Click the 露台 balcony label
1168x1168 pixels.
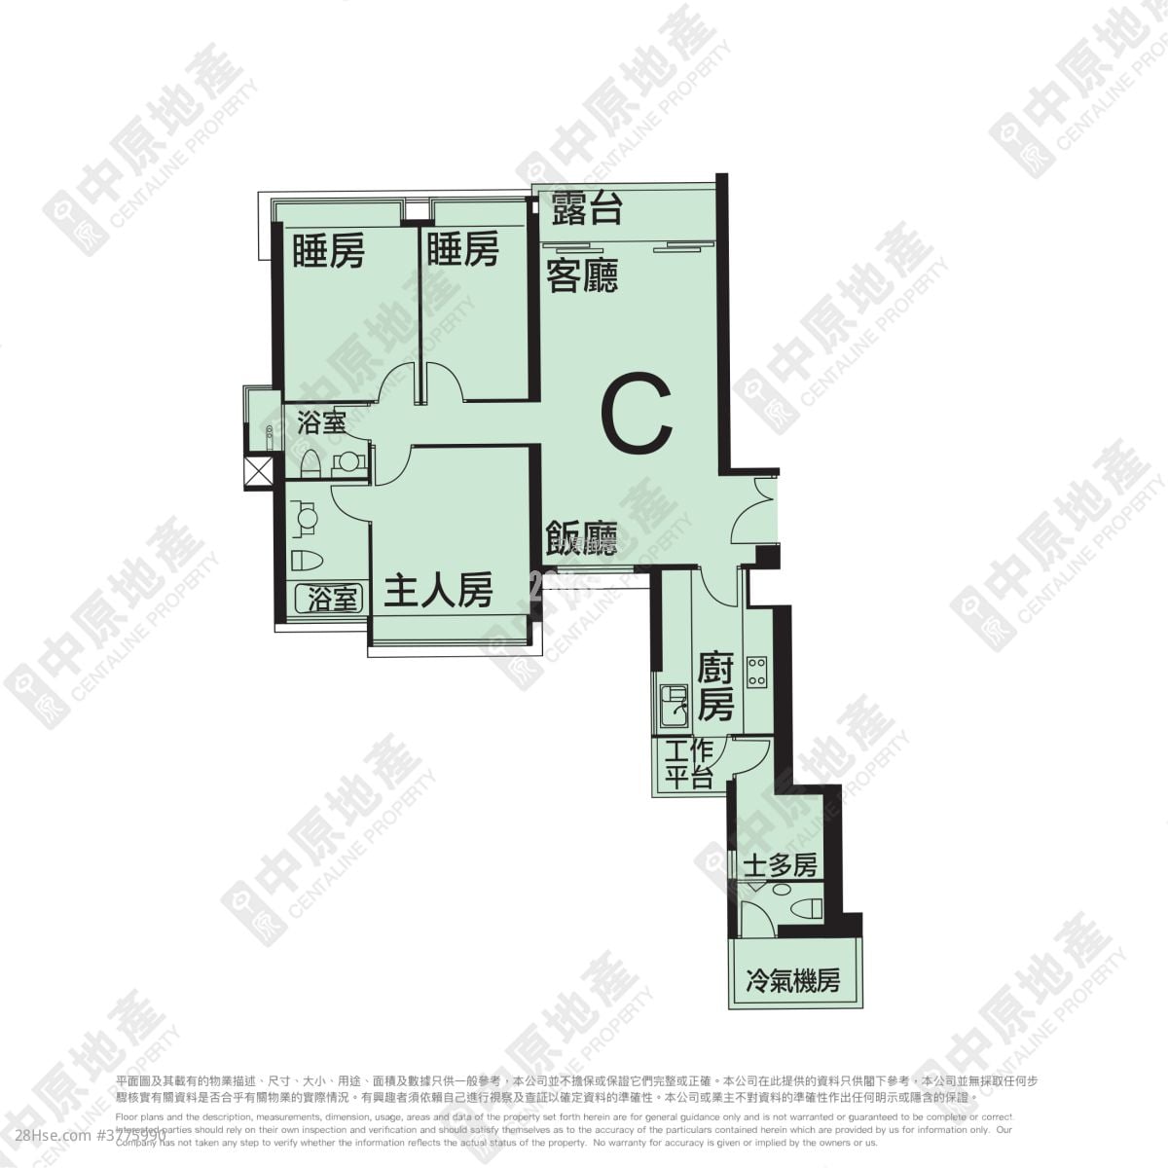tap(586, 208)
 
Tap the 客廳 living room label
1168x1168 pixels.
tap(582, 275)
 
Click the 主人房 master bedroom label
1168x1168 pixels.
tap(438, 591)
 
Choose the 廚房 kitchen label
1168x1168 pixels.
tap(715, 686)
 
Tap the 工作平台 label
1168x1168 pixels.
tap(690, 764)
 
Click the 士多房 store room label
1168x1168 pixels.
tap(779, 865)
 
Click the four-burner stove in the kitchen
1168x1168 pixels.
tap(756, 671)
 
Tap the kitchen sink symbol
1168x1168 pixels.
tap(674, 706)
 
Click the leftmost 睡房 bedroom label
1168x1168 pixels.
tap(328, 251)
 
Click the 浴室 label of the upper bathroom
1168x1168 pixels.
tap(320, 423)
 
